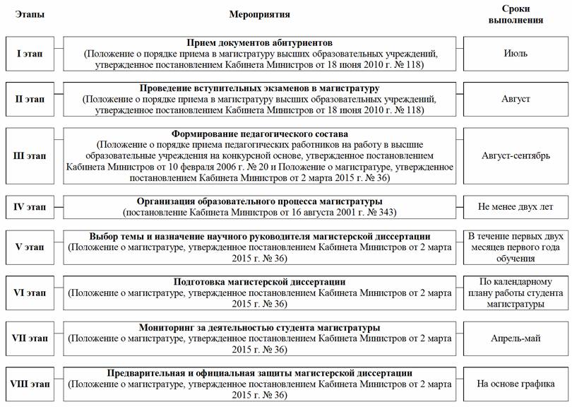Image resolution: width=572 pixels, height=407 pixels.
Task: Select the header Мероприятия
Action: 259,14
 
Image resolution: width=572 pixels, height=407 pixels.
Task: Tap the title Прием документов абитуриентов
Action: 259,43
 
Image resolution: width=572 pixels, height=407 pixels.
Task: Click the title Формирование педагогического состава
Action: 259,134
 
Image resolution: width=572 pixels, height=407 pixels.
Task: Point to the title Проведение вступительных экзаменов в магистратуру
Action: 259,88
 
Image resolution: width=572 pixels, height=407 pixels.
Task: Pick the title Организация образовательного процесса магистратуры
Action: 259,201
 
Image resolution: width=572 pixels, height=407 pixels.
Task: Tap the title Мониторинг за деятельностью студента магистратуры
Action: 259,328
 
